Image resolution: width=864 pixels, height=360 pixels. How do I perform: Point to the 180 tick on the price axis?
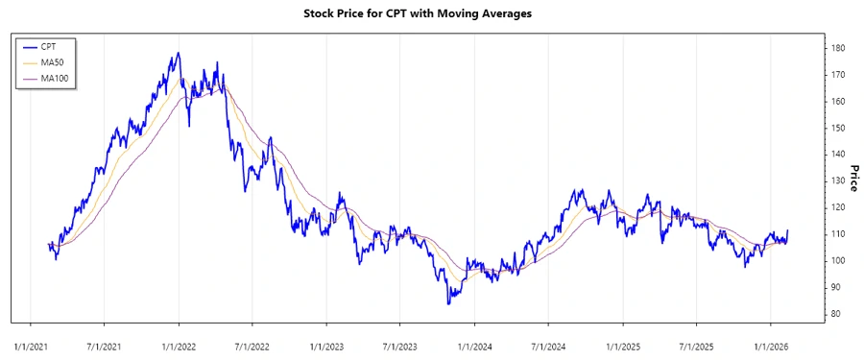(838, 48)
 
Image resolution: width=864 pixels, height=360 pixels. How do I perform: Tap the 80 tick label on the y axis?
(836, 314)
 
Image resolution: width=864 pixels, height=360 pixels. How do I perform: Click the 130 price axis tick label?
(838, 180)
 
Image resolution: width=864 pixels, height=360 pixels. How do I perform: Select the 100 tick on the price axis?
(838, 261)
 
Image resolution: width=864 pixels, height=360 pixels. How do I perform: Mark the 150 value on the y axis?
(838, 128)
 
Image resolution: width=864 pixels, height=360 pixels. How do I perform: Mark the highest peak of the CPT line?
(178, 54)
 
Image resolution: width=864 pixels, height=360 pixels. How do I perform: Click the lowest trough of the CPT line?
(448, 304)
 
